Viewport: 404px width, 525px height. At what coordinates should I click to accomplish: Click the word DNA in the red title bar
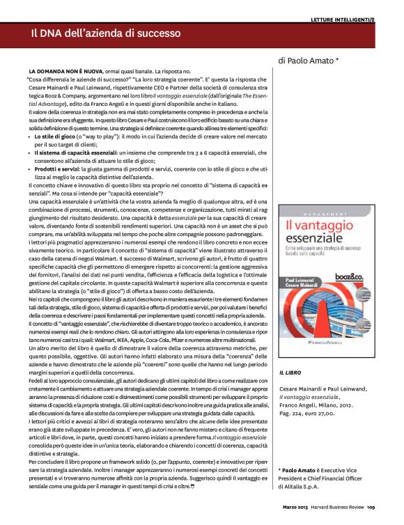(56, 33)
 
